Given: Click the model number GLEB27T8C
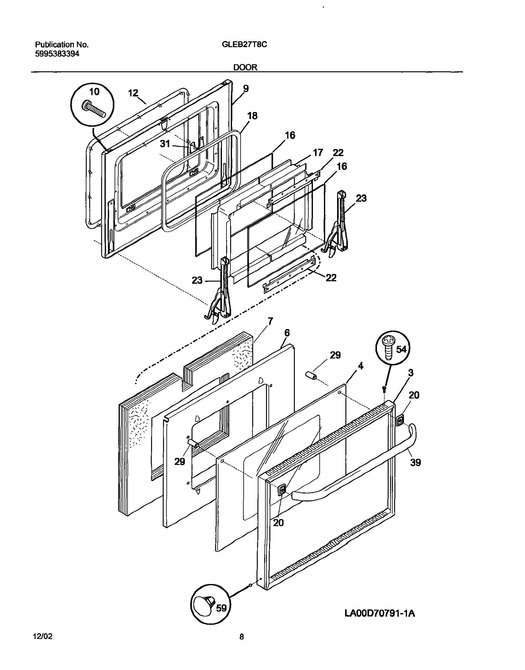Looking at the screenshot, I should [x=244, y=44].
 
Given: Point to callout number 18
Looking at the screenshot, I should [x=252, y=116].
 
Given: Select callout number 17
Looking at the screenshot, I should [x=318, y=152].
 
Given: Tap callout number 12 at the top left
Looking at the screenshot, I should [x=133, y=93].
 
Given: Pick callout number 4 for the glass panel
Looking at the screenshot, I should [x=360, y=366].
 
